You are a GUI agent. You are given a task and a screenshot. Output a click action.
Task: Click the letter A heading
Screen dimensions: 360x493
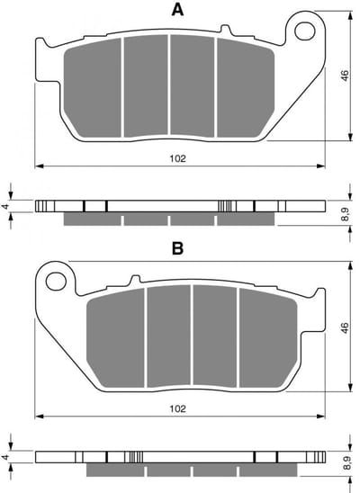point(177,10)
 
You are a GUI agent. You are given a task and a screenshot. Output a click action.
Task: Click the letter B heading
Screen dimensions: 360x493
point(177,248)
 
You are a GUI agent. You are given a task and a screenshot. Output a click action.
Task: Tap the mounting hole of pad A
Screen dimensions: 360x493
point(305,31)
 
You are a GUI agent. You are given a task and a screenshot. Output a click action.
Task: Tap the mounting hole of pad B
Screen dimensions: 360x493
point(56,281)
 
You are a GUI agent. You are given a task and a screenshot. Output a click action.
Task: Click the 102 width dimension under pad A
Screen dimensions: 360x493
point(178,158)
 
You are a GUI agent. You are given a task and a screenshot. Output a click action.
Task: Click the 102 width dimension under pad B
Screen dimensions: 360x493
point(178,408)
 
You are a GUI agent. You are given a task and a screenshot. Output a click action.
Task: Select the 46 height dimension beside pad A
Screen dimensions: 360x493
point(345,76)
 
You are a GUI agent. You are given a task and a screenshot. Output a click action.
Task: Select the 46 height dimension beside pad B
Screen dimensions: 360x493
point(345,327)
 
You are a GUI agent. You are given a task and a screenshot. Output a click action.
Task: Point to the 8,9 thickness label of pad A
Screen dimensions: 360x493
point(345,214)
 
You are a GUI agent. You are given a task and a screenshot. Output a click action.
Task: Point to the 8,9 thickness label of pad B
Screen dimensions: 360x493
point(346,463)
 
